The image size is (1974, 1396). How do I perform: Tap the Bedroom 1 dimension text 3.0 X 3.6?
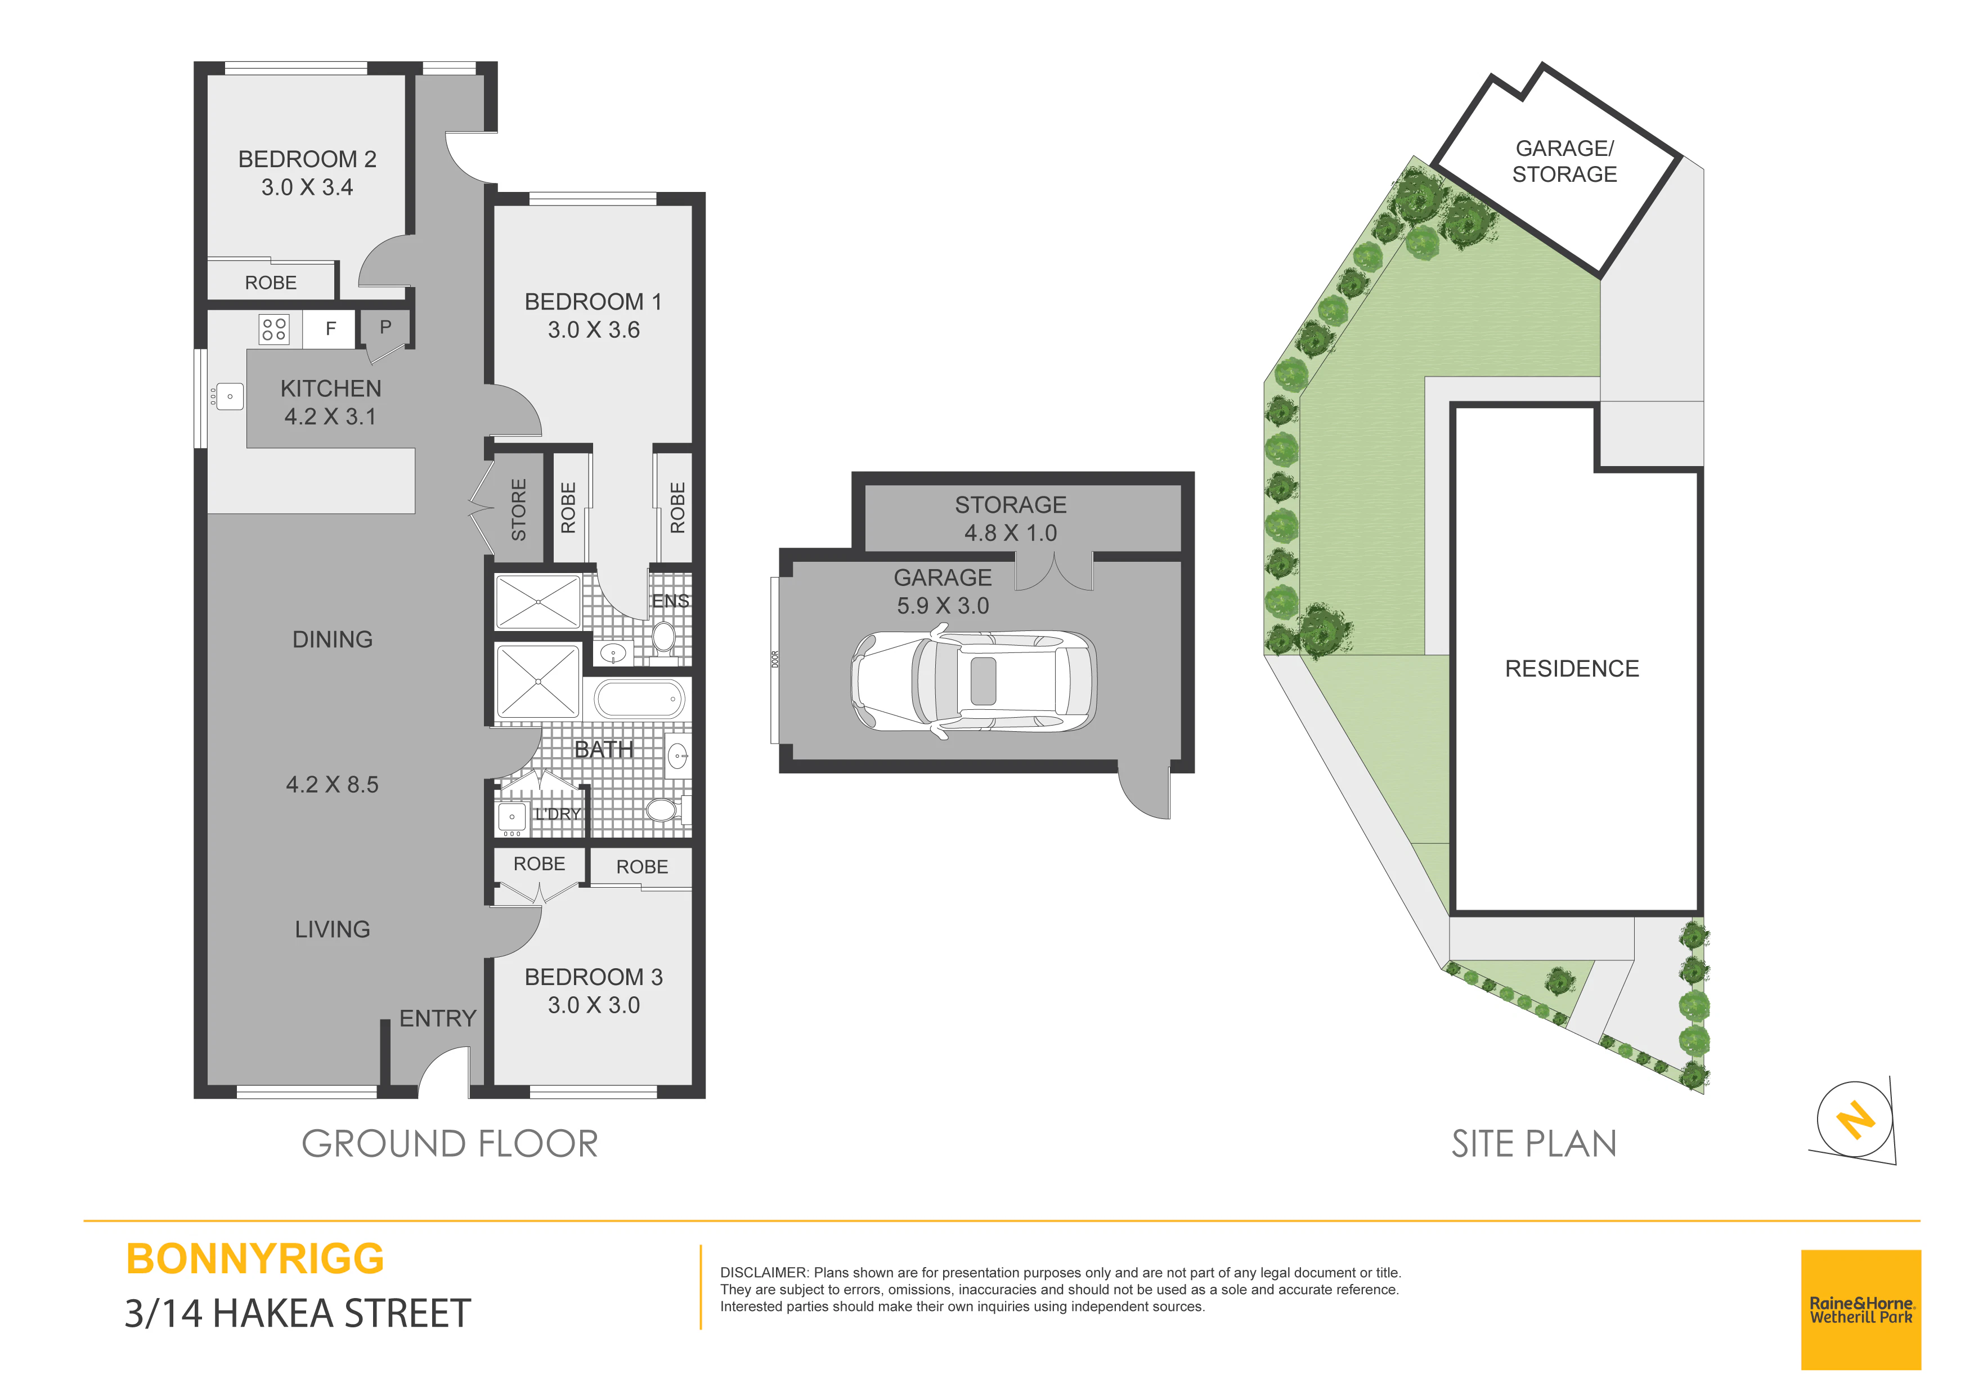(594, 330)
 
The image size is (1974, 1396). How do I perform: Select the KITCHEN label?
(331, 389)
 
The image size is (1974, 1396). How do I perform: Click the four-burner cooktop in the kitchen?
(274, 329)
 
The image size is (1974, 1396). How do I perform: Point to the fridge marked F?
(330, 329)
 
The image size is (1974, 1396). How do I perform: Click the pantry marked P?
(385, 327)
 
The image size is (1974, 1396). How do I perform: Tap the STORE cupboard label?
(518, 510)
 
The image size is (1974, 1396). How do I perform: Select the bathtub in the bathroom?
(639, 699)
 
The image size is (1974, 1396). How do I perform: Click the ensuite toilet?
(664, 637)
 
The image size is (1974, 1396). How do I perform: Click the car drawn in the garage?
(973, 682)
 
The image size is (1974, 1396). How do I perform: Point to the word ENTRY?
(438, 1018)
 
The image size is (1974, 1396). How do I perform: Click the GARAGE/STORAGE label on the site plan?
(1565, 162)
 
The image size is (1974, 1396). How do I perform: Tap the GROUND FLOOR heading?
(450, 1144)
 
